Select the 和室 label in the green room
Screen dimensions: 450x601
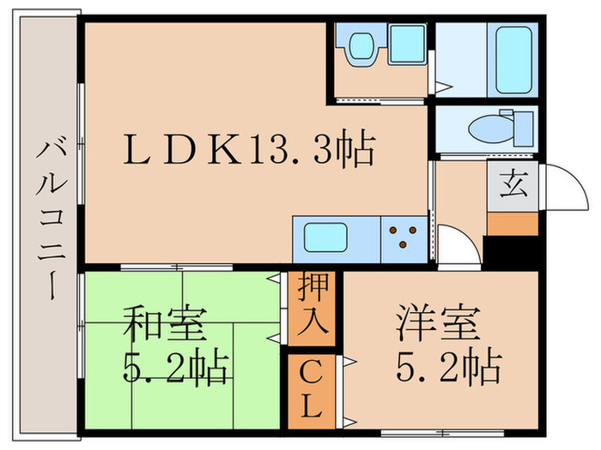(x=163, y=326)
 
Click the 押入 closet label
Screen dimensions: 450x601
(x=311, y=309)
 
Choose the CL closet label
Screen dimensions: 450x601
(x=311, y=390)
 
